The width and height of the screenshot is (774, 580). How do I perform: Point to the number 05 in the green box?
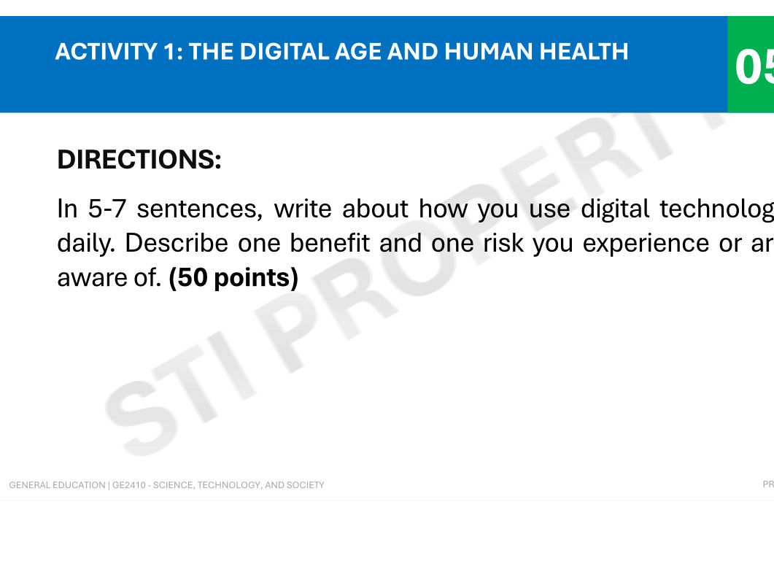tap(754, 68)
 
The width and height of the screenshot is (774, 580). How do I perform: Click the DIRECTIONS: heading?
tap(139, 159)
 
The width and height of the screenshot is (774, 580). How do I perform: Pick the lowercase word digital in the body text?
tap(616, 209)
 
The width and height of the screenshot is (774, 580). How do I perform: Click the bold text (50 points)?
tap(233, 277)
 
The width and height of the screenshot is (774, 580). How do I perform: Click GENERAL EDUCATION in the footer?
tap(57, 485)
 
